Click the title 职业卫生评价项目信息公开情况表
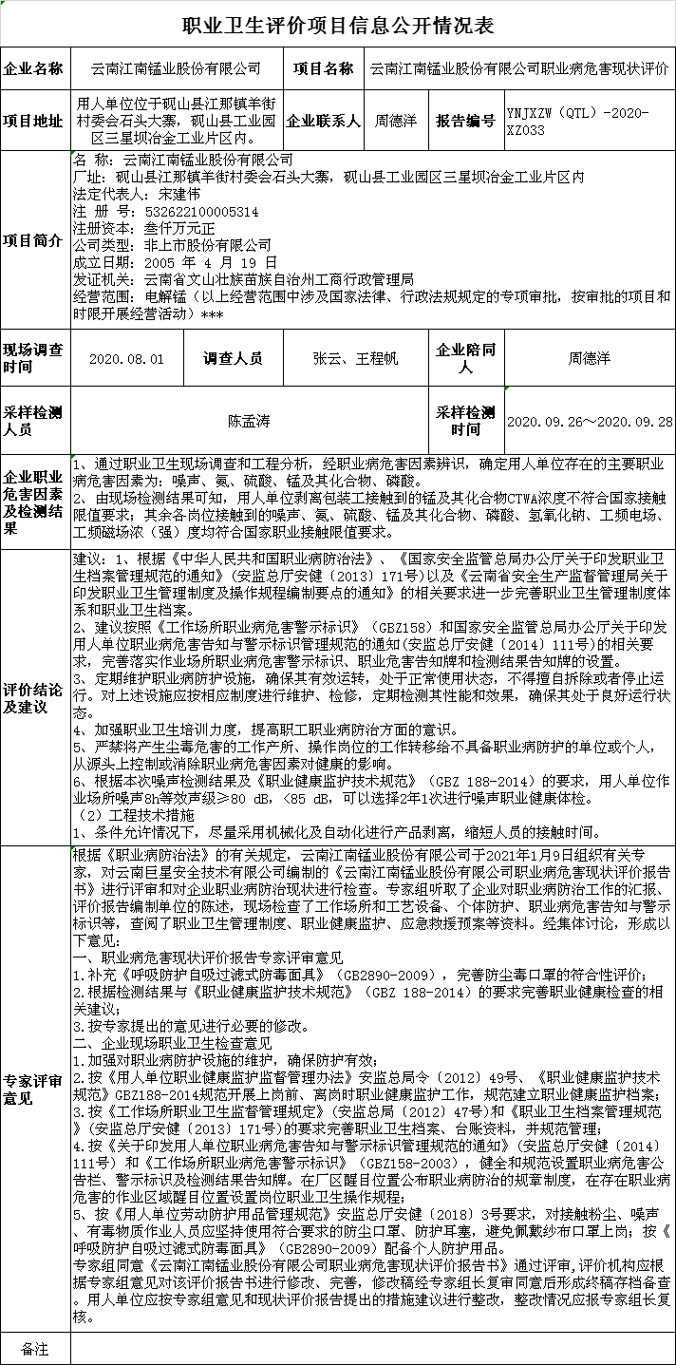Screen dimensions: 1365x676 click(x=338, y=26)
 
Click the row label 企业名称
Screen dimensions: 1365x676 click(x=35, y=69)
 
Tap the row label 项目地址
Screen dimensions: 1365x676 click(x=35, y=121)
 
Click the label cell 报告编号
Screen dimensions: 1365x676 click(x=465, y=121)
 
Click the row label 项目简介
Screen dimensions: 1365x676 click(x=35, y=238)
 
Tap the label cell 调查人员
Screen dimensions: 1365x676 click(x=233, y=359)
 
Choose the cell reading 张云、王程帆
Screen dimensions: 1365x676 click(x=355, y=359)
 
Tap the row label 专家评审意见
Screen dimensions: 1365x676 click(x=35, y=1090)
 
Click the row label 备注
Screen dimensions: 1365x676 click(x=35, y=1348)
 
